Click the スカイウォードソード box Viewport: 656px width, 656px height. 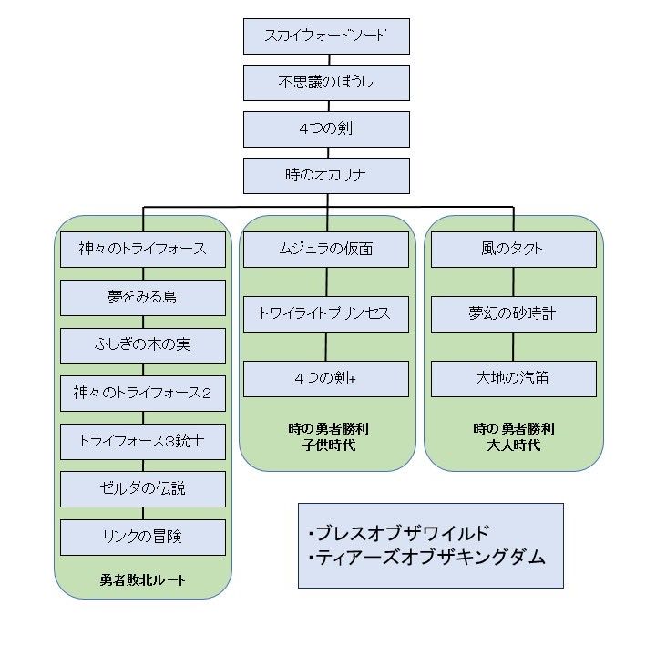[x=326, y=36]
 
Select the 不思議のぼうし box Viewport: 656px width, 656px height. [x=326, y=83]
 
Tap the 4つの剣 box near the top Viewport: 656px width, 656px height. [x=326, y=129]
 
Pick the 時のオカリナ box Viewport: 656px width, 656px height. [x=326, y=176]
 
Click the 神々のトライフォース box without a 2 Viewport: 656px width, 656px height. [x=143, y=249]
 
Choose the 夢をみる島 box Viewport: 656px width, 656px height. [x=143, y=297]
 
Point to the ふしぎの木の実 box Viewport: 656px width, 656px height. [x=143, y=345]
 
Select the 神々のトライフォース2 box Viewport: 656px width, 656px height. [x=143, y=394]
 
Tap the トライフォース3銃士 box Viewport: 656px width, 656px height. [x=143, y=441]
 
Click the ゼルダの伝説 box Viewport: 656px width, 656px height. [x=143, y=489]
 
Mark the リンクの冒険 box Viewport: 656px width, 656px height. [x=143, y=537]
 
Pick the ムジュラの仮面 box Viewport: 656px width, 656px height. [x=326, y=249]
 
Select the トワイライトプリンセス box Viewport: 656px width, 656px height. [x=326, y=313]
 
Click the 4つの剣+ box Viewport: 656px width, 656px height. [x=326, y=379]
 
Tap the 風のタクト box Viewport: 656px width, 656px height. [x=513, y=249]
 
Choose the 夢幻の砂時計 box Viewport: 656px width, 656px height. [x=513, y=313]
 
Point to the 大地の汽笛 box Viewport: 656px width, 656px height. [x=513, y=379]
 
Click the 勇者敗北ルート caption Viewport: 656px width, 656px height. [x=143, y=579]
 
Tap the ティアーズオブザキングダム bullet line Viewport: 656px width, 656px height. [x=426, y=558]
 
